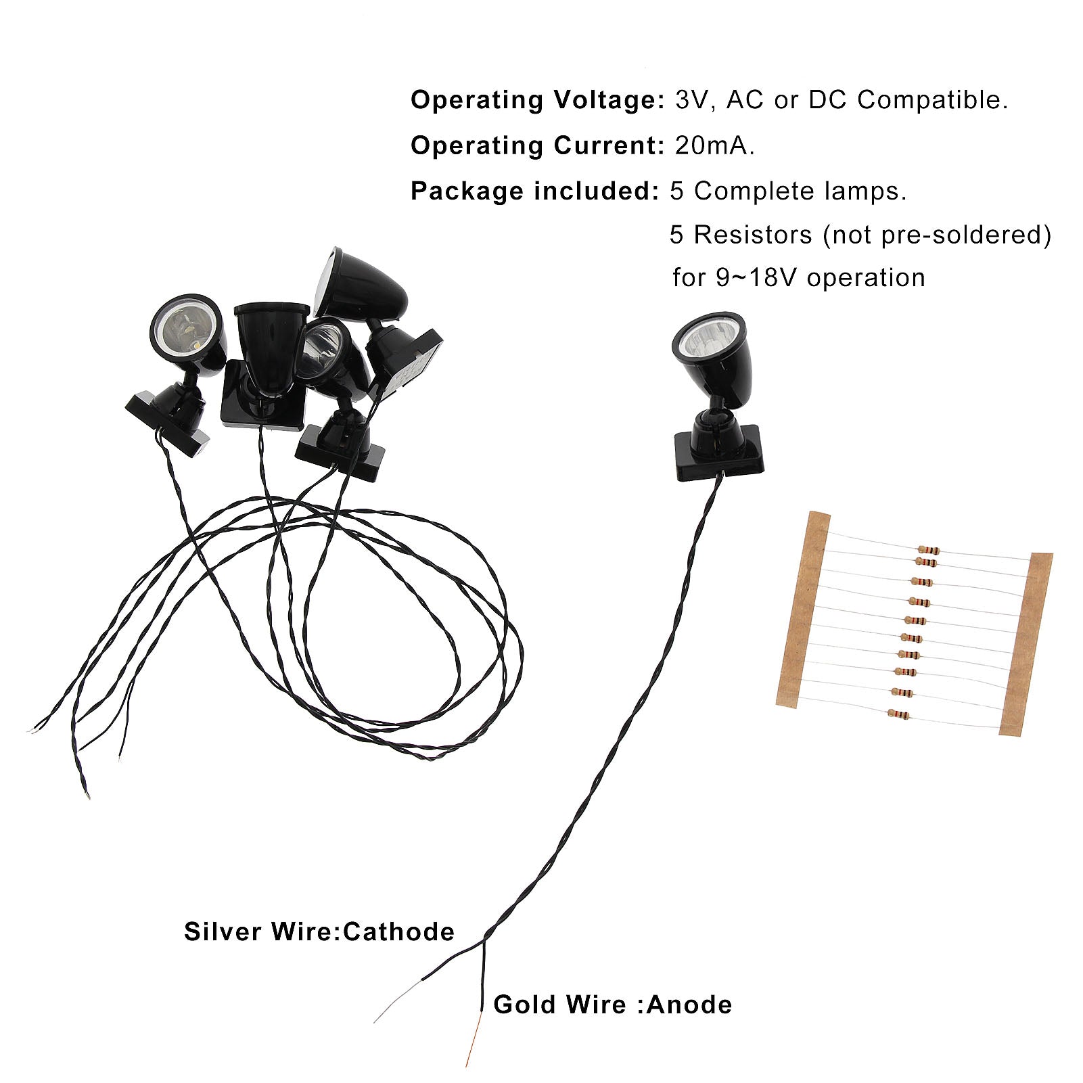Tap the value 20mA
pos(714,146)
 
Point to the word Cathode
pos(398,932)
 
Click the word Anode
pos(689,1005)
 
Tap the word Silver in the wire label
pos(224,932)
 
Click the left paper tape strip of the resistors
pos(804,609)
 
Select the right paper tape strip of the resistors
pos(1026,643)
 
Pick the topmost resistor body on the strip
pos(928,550)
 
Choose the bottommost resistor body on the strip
pos(899,714)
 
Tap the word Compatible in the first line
pos(932,100)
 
